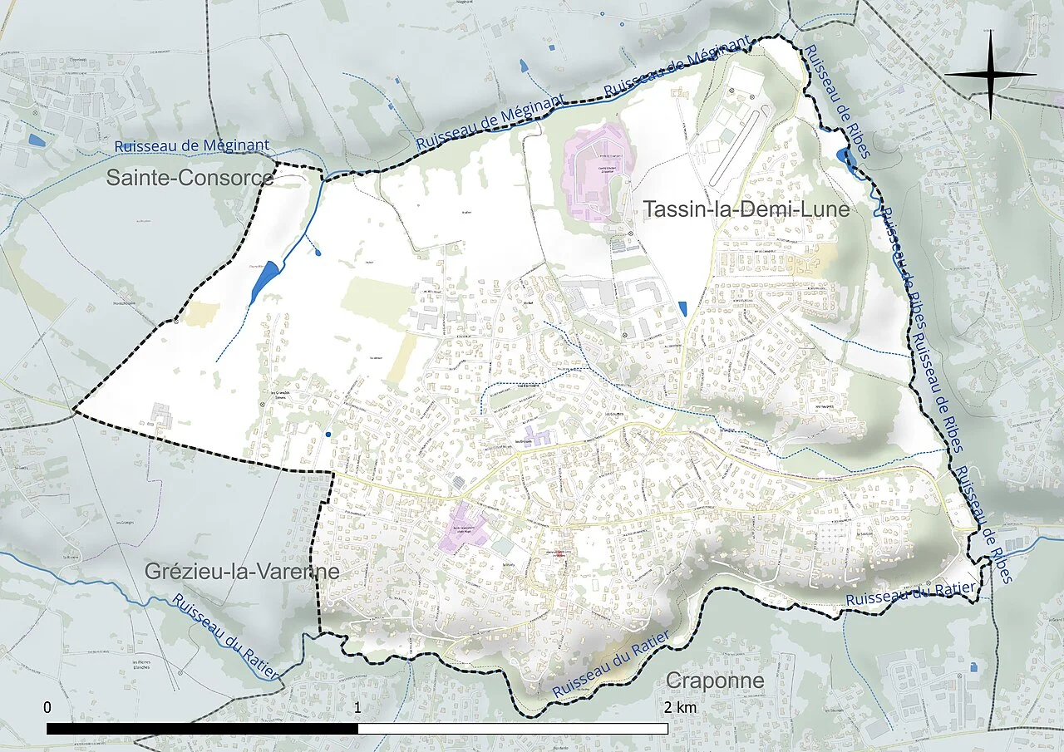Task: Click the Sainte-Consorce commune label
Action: pos(190,178)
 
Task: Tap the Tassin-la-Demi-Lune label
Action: pos(746,209)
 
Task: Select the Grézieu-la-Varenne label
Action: pos(241,572)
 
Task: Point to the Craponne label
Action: pos(714,681)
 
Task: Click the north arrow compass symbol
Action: pos(990,75)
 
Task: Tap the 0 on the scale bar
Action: pos(47,707)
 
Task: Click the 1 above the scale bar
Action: pos(357,707)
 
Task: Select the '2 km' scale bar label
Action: pos(681,707)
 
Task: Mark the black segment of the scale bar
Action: pos(202,729)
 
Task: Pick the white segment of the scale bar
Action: pos(513,729)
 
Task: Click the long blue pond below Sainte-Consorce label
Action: pos(264,282)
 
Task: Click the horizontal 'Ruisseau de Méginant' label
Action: pos(191,146)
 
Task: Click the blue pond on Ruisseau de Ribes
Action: pos(846,158)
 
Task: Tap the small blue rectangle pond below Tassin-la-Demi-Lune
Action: pos(682,308)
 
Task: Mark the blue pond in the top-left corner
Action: pos(35,140)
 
